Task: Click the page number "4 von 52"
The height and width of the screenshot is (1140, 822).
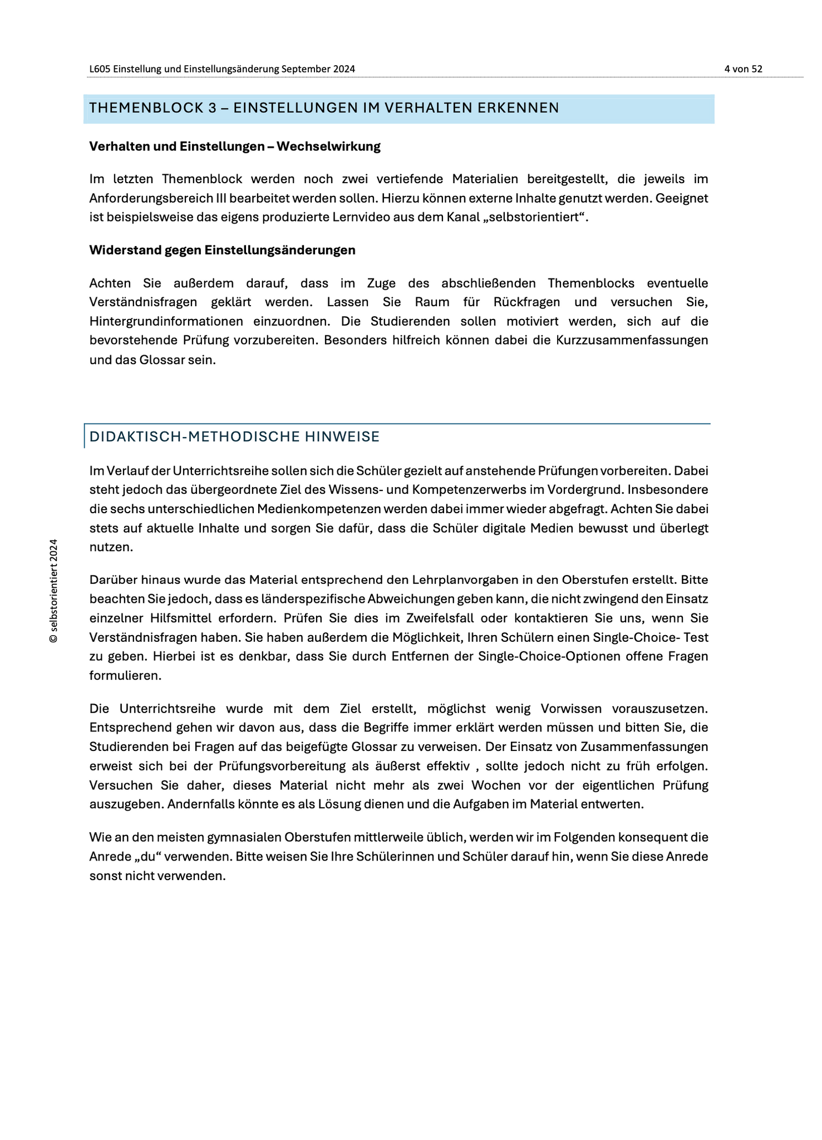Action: (x=743, y=69)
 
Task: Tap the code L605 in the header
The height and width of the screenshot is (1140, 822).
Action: (x=100, y=69)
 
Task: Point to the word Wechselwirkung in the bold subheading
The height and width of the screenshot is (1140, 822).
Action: (x=328, y=146)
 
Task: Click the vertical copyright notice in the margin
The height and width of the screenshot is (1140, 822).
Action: (x=53, y=591)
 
